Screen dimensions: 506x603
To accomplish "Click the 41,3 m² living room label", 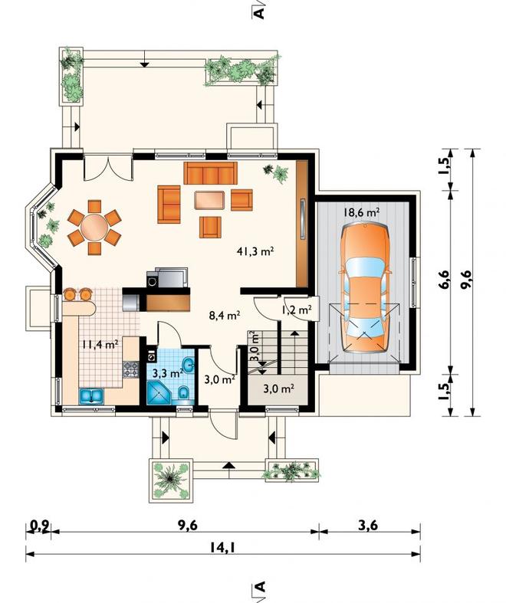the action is click(x=255, y=251).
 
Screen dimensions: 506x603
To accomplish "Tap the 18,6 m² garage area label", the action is click(x=362, y=211).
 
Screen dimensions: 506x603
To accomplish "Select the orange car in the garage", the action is click(x=365, y=287).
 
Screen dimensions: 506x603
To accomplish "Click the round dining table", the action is click(x=94, y=228).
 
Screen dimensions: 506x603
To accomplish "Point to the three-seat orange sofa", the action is click(x=210, y=173).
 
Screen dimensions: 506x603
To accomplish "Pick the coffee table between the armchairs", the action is click(x=210, y=200).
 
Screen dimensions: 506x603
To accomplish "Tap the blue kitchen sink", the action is click(x=91, y=396).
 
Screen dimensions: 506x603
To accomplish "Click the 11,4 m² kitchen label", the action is click(x=99, y=344).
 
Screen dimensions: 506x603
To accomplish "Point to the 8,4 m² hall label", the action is click(x=225, y=316).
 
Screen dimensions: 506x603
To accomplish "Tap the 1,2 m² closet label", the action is click(x=296, y=310).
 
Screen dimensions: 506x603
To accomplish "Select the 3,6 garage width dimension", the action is click(x=368, y=525).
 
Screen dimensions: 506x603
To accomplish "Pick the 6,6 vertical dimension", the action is click(x=444, y=280).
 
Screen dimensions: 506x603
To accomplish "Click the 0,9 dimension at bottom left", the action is click(x=40, y=526).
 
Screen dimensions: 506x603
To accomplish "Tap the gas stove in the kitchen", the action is click(x=130, y=369).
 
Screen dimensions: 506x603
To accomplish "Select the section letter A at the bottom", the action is click(x=261, y=586).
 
